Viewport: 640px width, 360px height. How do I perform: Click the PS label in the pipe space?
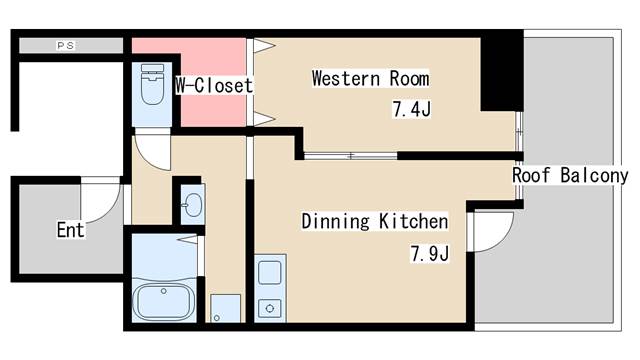(66, 46)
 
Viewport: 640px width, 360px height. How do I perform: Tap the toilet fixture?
(152, 84)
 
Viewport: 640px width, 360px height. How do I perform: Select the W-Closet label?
(214, 85)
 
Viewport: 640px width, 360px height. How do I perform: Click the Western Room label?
(370, 78)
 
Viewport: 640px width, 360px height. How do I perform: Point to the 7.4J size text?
(411, 109)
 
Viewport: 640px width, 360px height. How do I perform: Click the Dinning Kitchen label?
(375, 221)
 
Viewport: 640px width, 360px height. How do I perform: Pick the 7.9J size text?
(430, 253)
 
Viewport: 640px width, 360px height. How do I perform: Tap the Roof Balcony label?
(570, 175)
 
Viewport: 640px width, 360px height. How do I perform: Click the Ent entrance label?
(71, 230)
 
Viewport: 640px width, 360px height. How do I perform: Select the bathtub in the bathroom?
(164, 302)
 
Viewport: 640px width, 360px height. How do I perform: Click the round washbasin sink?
(192, 204)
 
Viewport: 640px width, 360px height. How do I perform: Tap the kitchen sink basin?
(269, 273)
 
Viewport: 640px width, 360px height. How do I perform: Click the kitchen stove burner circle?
(269, 309)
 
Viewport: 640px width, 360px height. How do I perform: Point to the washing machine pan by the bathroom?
(225, 308)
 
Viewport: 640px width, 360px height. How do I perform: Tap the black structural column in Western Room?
(502, 74)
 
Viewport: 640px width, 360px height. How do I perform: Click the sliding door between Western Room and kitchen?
(350, 156)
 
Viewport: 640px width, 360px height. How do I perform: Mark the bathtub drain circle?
(164, 291)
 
